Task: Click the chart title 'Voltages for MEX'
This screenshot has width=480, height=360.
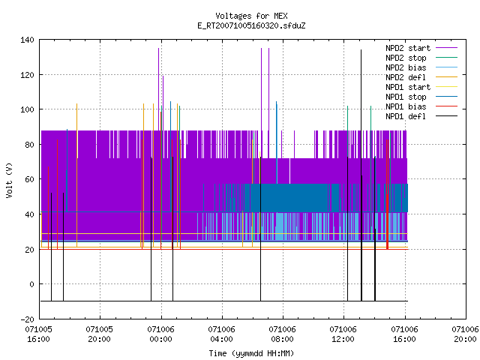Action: coord(251,16)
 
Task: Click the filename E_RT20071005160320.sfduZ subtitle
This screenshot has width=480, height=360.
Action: coord(251,25)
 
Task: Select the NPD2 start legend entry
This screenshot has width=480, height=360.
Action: coord(421,48)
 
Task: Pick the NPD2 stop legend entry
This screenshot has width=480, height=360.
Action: coord(421,58)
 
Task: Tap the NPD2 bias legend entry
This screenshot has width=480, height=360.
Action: coord(421,67)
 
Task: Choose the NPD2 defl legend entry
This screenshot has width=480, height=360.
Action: coord(421,77)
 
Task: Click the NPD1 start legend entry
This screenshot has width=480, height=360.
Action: coord(421,87)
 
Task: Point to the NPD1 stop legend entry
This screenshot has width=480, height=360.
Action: coord(421,97)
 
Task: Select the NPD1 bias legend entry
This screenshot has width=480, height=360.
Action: coord(421,106)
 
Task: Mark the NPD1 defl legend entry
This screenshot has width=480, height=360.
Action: coord(421,116)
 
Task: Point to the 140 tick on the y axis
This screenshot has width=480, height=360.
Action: coord(27,40)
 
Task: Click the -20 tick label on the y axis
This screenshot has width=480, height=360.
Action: coord(27,319)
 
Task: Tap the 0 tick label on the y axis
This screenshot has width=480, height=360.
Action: coord(31,284)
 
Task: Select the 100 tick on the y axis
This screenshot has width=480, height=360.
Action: coord(27,109)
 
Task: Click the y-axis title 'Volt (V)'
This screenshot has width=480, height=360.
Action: coord(9,180)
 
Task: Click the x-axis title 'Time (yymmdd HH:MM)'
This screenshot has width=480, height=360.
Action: coord(251,353)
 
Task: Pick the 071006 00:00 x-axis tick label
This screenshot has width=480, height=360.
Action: coord(160,334)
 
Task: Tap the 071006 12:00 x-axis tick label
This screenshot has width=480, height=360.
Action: coord(343,334)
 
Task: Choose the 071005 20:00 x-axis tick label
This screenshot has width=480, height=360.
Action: coord(100,334)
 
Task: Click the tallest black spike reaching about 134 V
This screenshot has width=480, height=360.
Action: coord(361,175)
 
